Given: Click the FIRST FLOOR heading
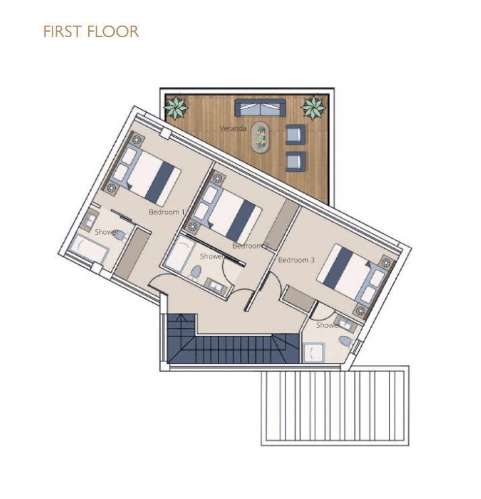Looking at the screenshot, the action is (91, 32).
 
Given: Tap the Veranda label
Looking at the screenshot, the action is (233, 129).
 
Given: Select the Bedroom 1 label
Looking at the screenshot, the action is (166, 212).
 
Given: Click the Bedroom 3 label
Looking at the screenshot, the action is (296, 260).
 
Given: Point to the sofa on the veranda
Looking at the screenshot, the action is (260, 108).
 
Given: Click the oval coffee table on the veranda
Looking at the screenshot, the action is (261, 137).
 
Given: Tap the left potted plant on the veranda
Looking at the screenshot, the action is (176, 107).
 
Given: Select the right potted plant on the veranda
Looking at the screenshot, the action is (313, 107).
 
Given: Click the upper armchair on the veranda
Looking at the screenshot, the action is (295, 135).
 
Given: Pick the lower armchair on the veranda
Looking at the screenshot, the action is (295, 162).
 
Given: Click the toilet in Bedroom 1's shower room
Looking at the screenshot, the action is (121, 236).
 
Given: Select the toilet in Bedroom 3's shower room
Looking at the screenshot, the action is (346, 342).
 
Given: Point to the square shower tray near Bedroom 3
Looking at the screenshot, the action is (314, 352).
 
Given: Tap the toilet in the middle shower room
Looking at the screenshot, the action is (195, 273).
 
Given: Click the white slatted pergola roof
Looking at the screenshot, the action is (335, 406).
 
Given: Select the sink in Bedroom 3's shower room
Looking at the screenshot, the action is (344, 323).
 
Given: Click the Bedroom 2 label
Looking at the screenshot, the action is (251, 245).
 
